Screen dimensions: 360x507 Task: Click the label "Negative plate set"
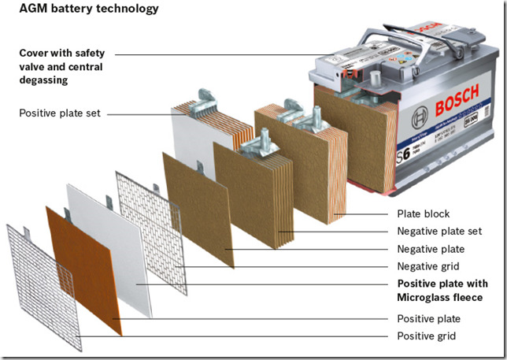439,232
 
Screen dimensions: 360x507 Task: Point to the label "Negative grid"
427,266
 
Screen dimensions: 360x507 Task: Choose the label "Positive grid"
425,336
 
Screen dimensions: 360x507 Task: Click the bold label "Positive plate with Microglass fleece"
441,290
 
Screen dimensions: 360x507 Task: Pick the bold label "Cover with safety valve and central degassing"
67,61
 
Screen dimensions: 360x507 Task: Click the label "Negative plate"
429,249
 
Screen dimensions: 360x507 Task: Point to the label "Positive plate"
428,319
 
